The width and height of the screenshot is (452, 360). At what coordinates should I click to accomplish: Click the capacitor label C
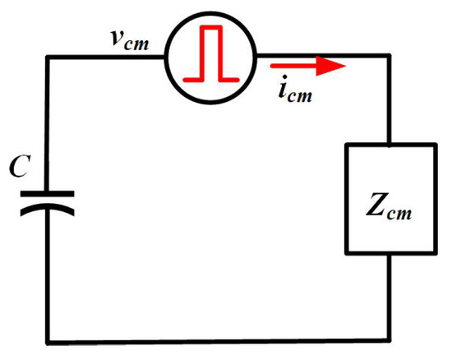(20, 166)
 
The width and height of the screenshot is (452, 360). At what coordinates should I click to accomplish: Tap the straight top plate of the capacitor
(48, 194)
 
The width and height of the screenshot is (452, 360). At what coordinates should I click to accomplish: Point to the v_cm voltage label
(131, 40)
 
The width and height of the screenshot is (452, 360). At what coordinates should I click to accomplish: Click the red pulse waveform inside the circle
(211, 53)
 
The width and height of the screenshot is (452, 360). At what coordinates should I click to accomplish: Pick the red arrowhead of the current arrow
(331, 66)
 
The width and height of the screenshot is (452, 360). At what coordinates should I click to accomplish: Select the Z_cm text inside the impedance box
(389, 205)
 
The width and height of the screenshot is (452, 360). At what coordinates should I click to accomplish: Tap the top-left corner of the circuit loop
(48, 58)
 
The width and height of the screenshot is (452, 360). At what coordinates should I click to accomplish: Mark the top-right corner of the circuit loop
(389, 56)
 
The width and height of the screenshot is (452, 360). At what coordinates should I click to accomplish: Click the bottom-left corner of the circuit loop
(48, 343)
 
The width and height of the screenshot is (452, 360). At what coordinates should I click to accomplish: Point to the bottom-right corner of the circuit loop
(389, 339)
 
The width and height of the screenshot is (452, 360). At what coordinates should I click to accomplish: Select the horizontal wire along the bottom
(219, 341)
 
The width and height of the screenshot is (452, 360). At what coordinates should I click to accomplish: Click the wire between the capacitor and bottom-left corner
(48, 275)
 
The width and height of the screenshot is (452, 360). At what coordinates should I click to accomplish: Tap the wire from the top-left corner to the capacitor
(48, 124)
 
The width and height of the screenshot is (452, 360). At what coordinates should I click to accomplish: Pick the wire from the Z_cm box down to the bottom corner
(389, 298)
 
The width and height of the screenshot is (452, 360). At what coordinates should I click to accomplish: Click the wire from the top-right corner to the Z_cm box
(389, 99)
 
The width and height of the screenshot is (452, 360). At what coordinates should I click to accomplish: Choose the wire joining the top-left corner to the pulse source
(106, 58)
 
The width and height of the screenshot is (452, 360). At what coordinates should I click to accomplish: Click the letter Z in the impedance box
(376, 204)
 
